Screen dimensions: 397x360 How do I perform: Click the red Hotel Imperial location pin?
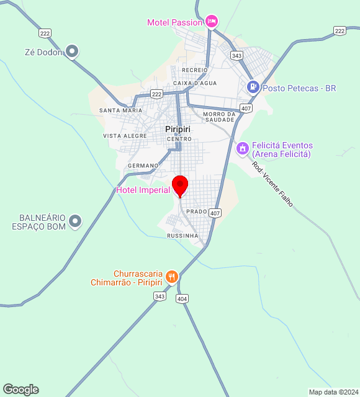pos(180,185)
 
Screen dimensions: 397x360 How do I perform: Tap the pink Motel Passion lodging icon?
pos(211,22)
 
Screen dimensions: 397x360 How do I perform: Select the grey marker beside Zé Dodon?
pos(72,51)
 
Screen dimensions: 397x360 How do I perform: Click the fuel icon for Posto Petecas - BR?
pos(253,87)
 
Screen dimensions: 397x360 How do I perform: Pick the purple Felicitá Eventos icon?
pos(243,149)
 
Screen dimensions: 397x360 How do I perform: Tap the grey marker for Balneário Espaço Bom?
pos(75,220)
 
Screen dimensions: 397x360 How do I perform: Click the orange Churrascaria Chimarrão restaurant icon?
pos(172,277)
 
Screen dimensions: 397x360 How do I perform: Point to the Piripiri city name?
pos(178,129)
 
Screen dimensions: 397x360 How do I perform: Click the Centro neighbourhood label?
pos(179,139)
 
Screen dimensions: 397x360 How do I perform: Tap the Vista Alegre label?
pos(125,136)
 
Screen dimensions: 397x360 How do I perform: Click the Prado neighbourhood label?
pos(196,212)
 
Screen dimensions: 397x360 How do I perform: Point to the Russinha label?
pos(182,236)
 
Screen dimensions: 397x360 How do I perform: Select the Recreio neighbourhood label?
pos(195,70)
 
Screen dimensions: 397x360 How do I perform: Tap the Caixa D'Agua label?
pos(194,83)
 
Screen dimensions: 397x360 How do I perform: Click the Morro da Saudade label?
pos(219,117)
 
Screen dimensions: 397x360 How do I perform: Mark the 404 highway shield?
pos(182,299)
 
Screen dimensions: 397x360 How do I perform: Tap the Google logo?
pos(20,390)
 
